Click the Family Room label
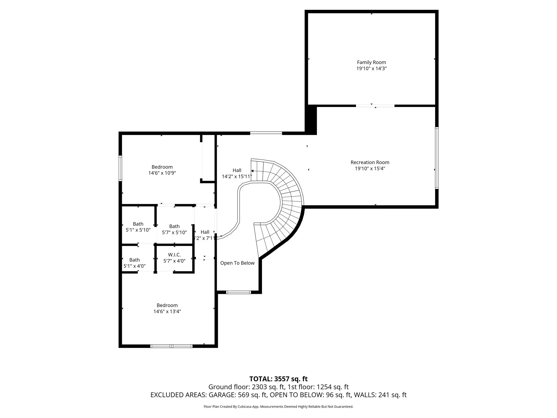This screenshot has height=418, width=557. pos(371,62)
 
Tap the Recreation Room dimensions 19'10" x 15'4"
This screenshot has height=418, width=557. pos(370,168)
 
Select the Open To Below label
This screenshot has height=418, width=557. pos(237,263)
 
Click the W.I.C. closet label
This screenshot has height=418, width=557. pos(174,255)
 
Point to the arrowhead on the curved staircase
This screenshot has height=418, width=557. pos(252,171)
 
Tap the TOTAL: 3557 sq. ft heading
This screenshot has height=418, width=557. pos(278,379)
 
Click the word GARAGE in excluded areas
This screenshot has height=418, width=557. pos(225,395)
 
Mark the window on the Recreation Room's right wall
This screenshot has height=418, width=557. pos(437,158)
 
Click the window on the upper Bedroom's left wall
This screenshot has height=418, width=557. pos(120,168)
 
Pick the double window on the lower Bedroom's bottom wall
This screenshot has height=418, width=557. pos(171,346)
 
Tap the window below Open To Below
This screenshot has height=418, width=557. pos(239,292)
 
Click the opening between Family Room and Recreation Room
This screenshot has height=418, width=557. pos(375,106)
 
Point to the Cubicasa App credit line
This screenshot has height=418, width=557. pos(278,407)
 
